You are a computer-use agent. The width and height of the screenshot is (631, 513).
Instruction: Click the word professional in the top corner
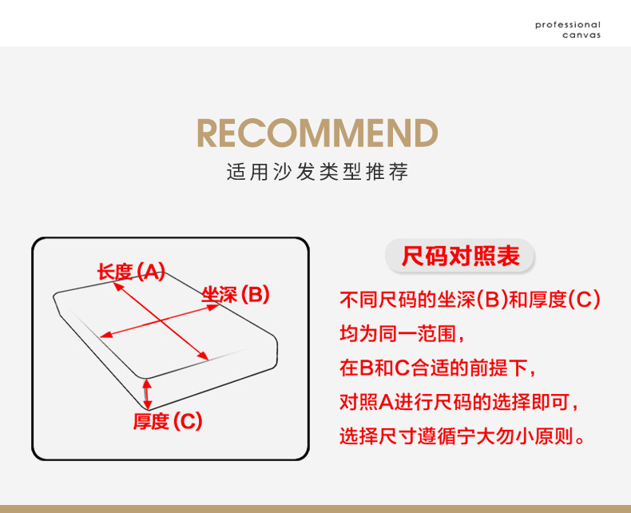tap(567, 26)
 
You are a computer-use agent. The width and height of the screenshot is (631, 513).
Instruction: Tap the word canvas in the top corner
tap(581, 35)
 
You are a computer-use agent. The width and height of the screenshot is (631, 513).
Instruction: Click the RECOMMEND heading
tap(317, 133)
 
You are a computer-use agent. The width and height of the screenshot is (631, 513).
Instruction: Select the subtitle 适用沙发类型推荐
tap(317, 172)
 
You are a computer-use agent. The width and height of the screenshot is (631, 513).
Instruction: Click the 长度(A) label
tap(131, 272)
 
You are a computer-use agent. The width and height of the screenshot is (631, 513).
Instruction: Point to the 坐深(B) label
tap(236, 295)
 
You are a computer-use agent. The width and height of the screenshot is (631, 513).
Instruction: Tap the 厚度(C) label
tap(168, 420)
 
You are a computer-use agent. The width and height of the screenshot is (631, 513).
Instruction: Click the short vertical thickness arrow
tap(147, 393)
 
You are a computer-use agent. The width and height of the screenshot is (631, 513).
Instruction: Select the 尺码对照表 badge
tap(460, 256)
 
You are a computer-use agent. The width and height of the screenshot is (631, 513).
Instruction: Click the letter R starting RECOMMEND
tap(210, 133)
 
